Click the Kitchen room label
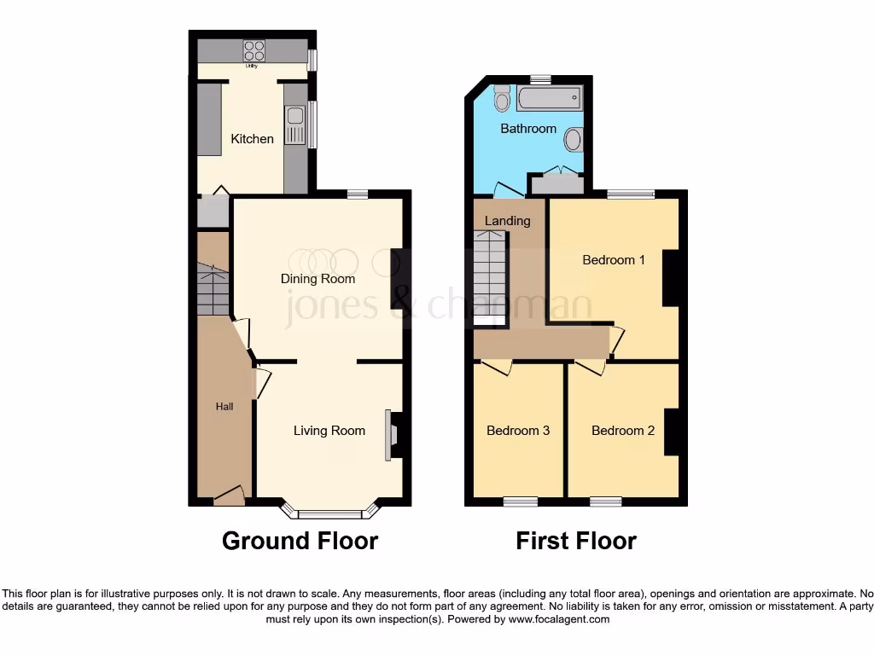point(253,138)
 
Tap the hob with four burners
point(253,50)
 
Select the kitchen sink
point(294,126)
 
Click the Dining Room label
point(318,279)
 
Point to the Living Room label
point(329,431)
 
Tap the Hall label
point(224,407)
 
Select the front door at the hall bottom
point(229,496)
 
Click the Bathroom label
point(528,129)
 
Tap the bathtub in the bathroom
point(549,100)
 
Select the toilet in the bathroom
point(502,100)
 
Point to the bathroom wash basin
point(574,138)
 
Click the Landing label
point(507,221)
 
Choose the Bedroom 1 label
point(614,259)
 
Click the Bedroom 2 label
point(623,431)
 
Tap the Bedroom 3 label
point(518,431)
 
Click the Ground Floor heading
point(300,541)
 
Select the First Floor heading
point(576,541)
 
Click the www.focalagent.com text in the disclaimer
point(558,620)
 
